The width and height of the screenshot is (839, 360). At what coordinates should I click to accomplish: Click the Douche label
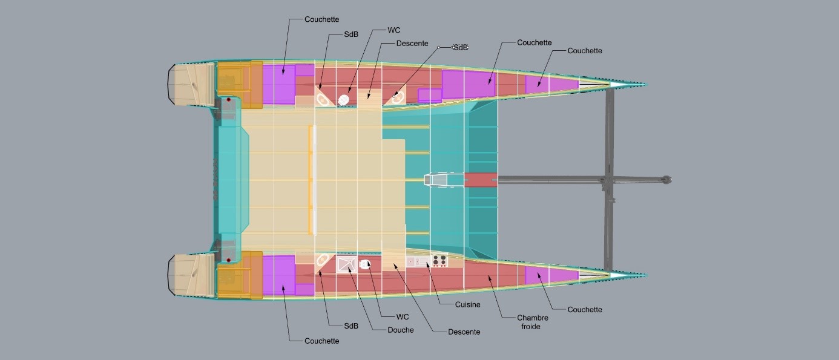[x=400, y=330]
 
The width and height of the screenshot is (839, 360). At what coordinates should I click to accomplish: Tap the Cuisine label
[x=467, y=304]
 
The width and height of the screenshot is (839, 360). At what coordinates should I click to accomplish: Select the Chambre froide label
[x=532, y=322]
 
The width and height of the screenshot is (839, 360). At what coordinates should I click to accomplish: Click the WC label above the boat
[x=393, y=30]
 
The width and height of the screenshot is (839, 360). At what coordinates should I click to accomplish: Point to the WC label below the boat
[x=403, y=316]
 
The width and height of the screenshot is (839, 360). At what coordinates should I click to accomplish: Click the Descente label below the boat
[x=464, y=332]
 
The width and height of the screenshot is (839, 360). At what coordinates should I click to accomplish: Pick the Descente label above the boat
[x=412, y=44]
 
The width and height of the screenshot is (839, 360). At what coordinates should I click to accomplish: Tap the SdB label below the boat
[x=351, y=326]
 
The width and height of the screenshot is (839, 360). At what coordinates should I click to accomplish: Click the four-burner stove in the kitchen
[x=439, y=260]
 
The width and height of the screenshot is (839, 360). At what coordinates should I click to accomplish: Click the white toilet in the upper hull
[x=343, y=100]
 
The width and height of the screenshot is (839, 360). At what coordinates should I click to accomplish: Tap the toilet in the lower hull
[x=365, y=264]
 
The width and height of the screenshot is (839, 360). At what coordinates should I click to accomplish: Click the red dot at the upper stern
[x=228, y=100]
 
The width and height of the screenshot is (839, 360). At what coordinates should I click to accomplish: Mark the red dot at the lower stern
[x=228, y=260]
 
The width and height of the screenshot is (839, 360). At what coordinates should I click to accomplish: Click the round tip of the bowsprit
[x=666, y=180]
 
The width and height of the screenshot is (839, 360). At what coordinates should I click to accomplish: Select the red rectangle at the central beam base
[x=481, y=180]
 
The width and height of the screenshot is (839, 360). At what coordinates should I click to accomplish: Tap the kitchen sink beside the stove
[x=418, y=261]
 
